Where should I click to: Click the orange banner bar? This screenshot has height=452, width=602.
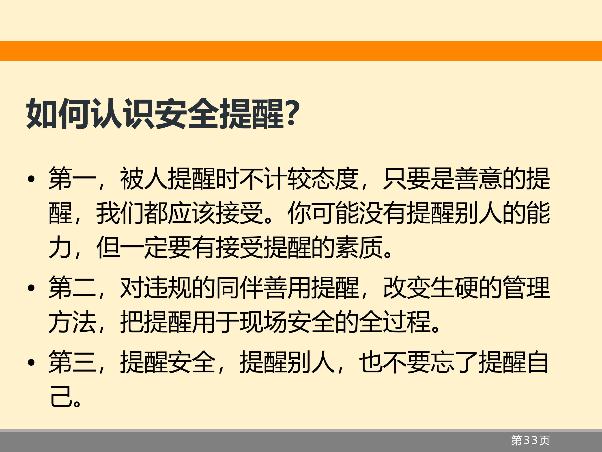point(301,51)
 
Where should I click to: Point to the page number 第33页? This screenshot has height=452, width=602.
point(530,440)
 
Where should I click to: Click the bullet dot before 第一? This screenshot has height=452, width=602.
point(31,179)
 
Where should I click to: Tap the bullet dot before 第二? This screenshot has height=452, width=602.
point(31,288)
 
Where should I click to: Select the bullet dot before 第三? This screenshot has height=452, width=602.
point(31,362)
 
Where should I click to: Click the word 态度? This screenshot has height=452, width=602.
point(335,178)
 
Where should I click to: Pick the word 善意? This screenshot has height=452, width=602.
point(478,178)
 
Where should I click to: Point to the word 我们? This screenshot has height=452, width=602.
point(120,213)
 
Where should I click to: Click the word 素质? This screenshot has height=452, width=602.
point(359,247)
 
